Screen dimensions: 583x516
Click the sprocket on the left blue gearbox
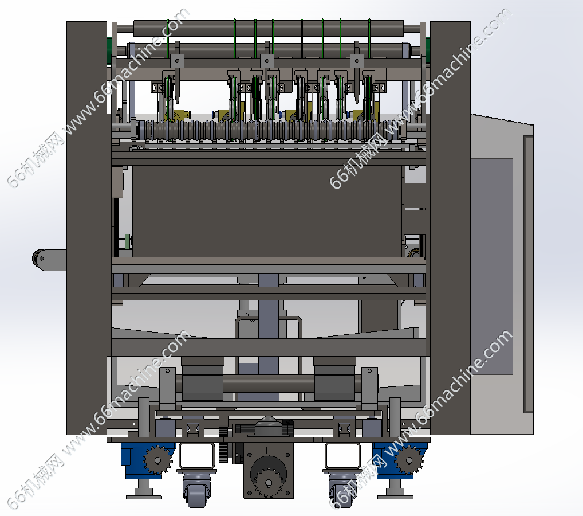[x=157, y=460]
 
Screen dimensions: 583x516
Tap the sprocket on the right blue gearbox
[x=409, y=460]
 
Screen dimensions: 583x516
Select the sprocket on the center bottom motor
[x=269, y=483]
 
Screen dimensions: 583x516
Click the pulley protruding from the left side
[x=41, y=259]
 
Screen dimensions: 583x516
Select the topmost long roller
[x=269, y=28]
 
